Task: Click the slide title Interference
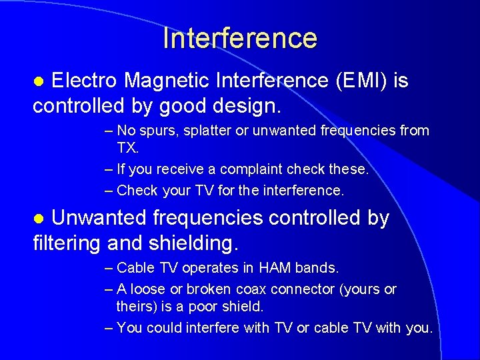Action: (x=240, y=38)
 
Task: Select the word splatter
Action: (x=205, y=131)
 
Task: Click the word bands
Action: (x=318, y=268)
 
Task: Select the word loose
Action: (x=147, y=289)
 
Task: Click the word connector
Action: (x=301, y=289)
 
